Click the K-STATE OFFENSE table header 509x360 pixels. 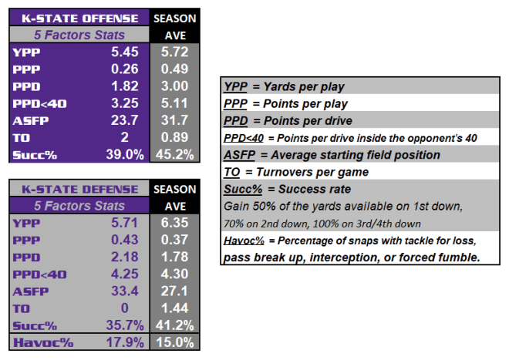click(x=80, y=19)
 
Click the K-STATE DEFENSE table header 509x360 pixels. click(x=80, y=190)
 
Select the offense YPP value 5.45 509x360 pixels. click(x=125, y=52)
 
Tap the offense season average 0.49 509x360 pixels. click(x=174, y=69)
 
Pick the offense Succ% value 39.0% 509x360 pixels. click(x=125, y=154)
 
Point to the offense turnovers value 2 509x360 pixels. click(x=125, y=137)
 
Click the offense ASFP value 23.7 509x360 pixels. click(x=125, y=120)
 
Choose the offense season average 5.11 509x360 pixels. click(x=174, y=103)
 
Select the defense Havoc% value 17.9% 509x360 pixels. click(x=125, y=342)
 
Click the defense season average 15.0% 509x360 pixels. click(x=175, y=342)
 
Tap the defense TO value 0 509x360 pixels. click(x=125, y=308)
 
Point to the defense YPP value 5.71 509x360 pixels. click(x=125, y=223)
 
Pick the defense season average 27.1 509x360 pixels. click(x=174, y=291)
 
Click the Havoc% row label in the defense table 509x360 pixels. click(x=43, y=343)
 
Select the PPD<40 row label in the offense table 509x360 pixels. click(x=39, y=104)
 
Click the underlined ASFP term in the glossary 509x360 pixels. click(x=240, y=155)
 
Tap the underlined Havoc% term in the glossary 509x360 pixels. click(x=244, y=241)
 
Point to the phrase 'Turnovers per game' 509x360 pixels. click(x=312, y=172)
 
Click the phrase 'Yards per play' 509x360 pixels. click(x=304, y=86)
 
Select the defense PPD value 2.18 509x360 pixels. click(x=125, y=257)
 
